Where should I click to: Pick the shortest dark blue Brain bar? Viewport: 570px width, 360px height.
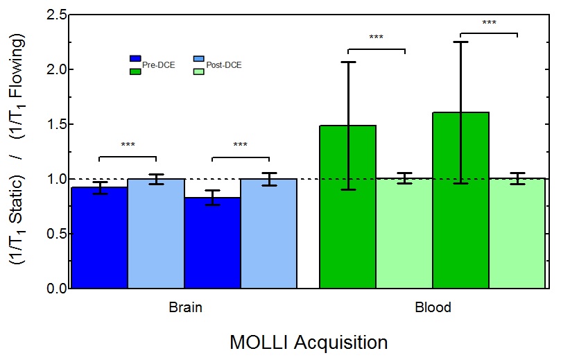pos(211,243)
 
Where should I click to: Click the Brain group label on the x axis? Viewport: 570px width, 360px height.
pos(185,307)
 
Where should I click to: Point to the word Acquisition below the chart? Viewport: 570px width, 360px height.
pos(340,343)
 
